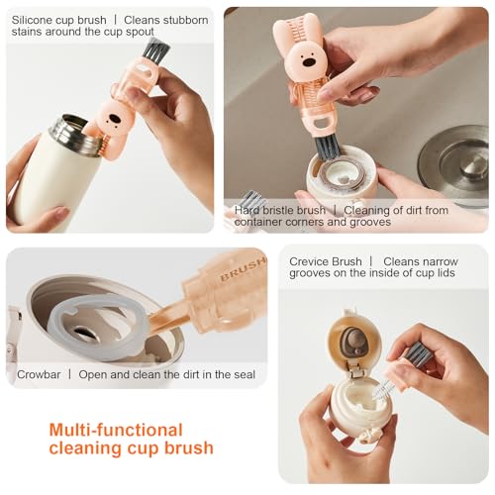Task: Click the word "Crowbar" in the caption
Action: (x=39, y=375)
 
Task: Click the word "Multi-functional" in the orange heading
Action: (x=116, y=430)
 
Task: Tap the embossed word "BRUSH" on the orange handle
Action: (x=243, y=270)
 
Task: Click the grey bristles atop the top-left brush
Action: (x=155, y=49)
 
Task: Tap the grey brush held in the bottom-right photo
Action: (x=417, y=353)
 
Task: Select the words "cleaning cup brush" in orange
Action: (x=131, y=448)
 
